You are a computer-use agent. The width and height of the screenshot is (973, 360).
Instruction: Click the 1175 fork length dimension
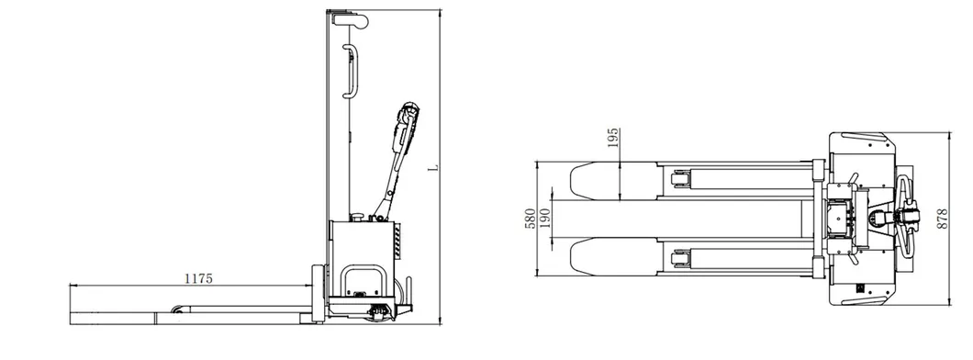[x=198, y=278]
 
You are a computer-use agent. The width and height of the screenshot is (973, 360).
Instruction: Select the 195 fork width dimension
[x=614, y=139]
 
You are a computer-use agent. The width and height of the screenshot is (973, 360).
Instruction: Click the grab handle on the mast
[x=352, y=70]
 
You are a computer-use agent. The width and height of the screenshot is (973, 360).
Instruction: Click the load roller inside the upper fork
[x=682, y=180]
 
